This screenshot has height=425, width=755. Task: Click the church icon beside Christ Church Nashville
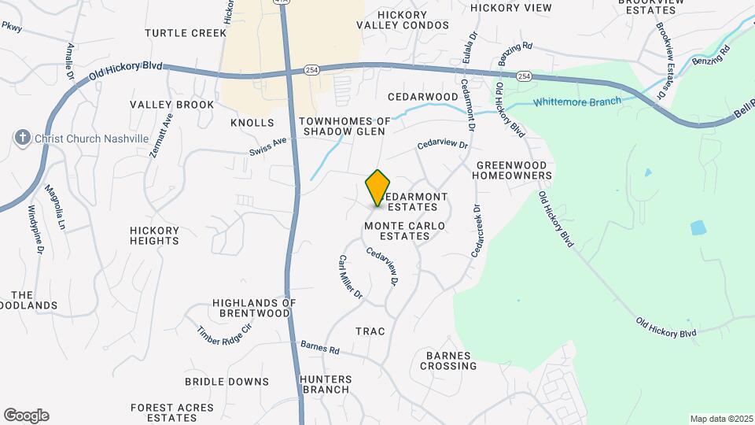[x=22, y=139]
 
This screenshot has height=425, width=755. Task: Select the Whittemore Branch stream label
[x=577, y=102]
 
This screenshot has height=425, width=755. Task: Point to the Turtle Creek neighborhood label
[x=180, y=33]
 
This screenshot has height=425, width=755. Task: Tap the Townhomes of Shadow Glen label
[x=344, y=126]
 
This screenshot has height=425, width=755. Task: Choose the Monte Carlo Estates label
[x=404, y=231]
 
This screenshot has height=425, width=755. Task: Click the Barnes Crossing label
[x=449, y=360]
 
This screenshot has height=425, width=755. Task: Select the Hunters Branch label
[x=325, y=384]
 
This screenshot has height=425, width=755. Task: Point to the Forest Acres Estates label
[x=172, y=412]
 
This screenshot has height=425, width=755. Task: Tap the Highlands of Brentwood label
[x=253, y=308]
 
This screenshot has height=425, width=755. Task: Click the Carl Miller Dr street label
[x=350, y=277]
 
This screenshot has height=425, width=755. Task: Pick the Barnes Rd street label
[x=320, y=347]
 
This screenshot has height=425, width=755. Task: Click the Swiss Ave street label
[x=269, y=146]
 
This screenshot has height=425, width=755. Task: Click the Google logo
[x=26, y=416]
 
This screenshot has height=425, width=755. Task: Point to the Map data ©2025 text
[x=720, y=419]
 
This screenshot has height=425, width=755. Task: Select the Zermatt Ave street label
[x=160, y=134]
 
